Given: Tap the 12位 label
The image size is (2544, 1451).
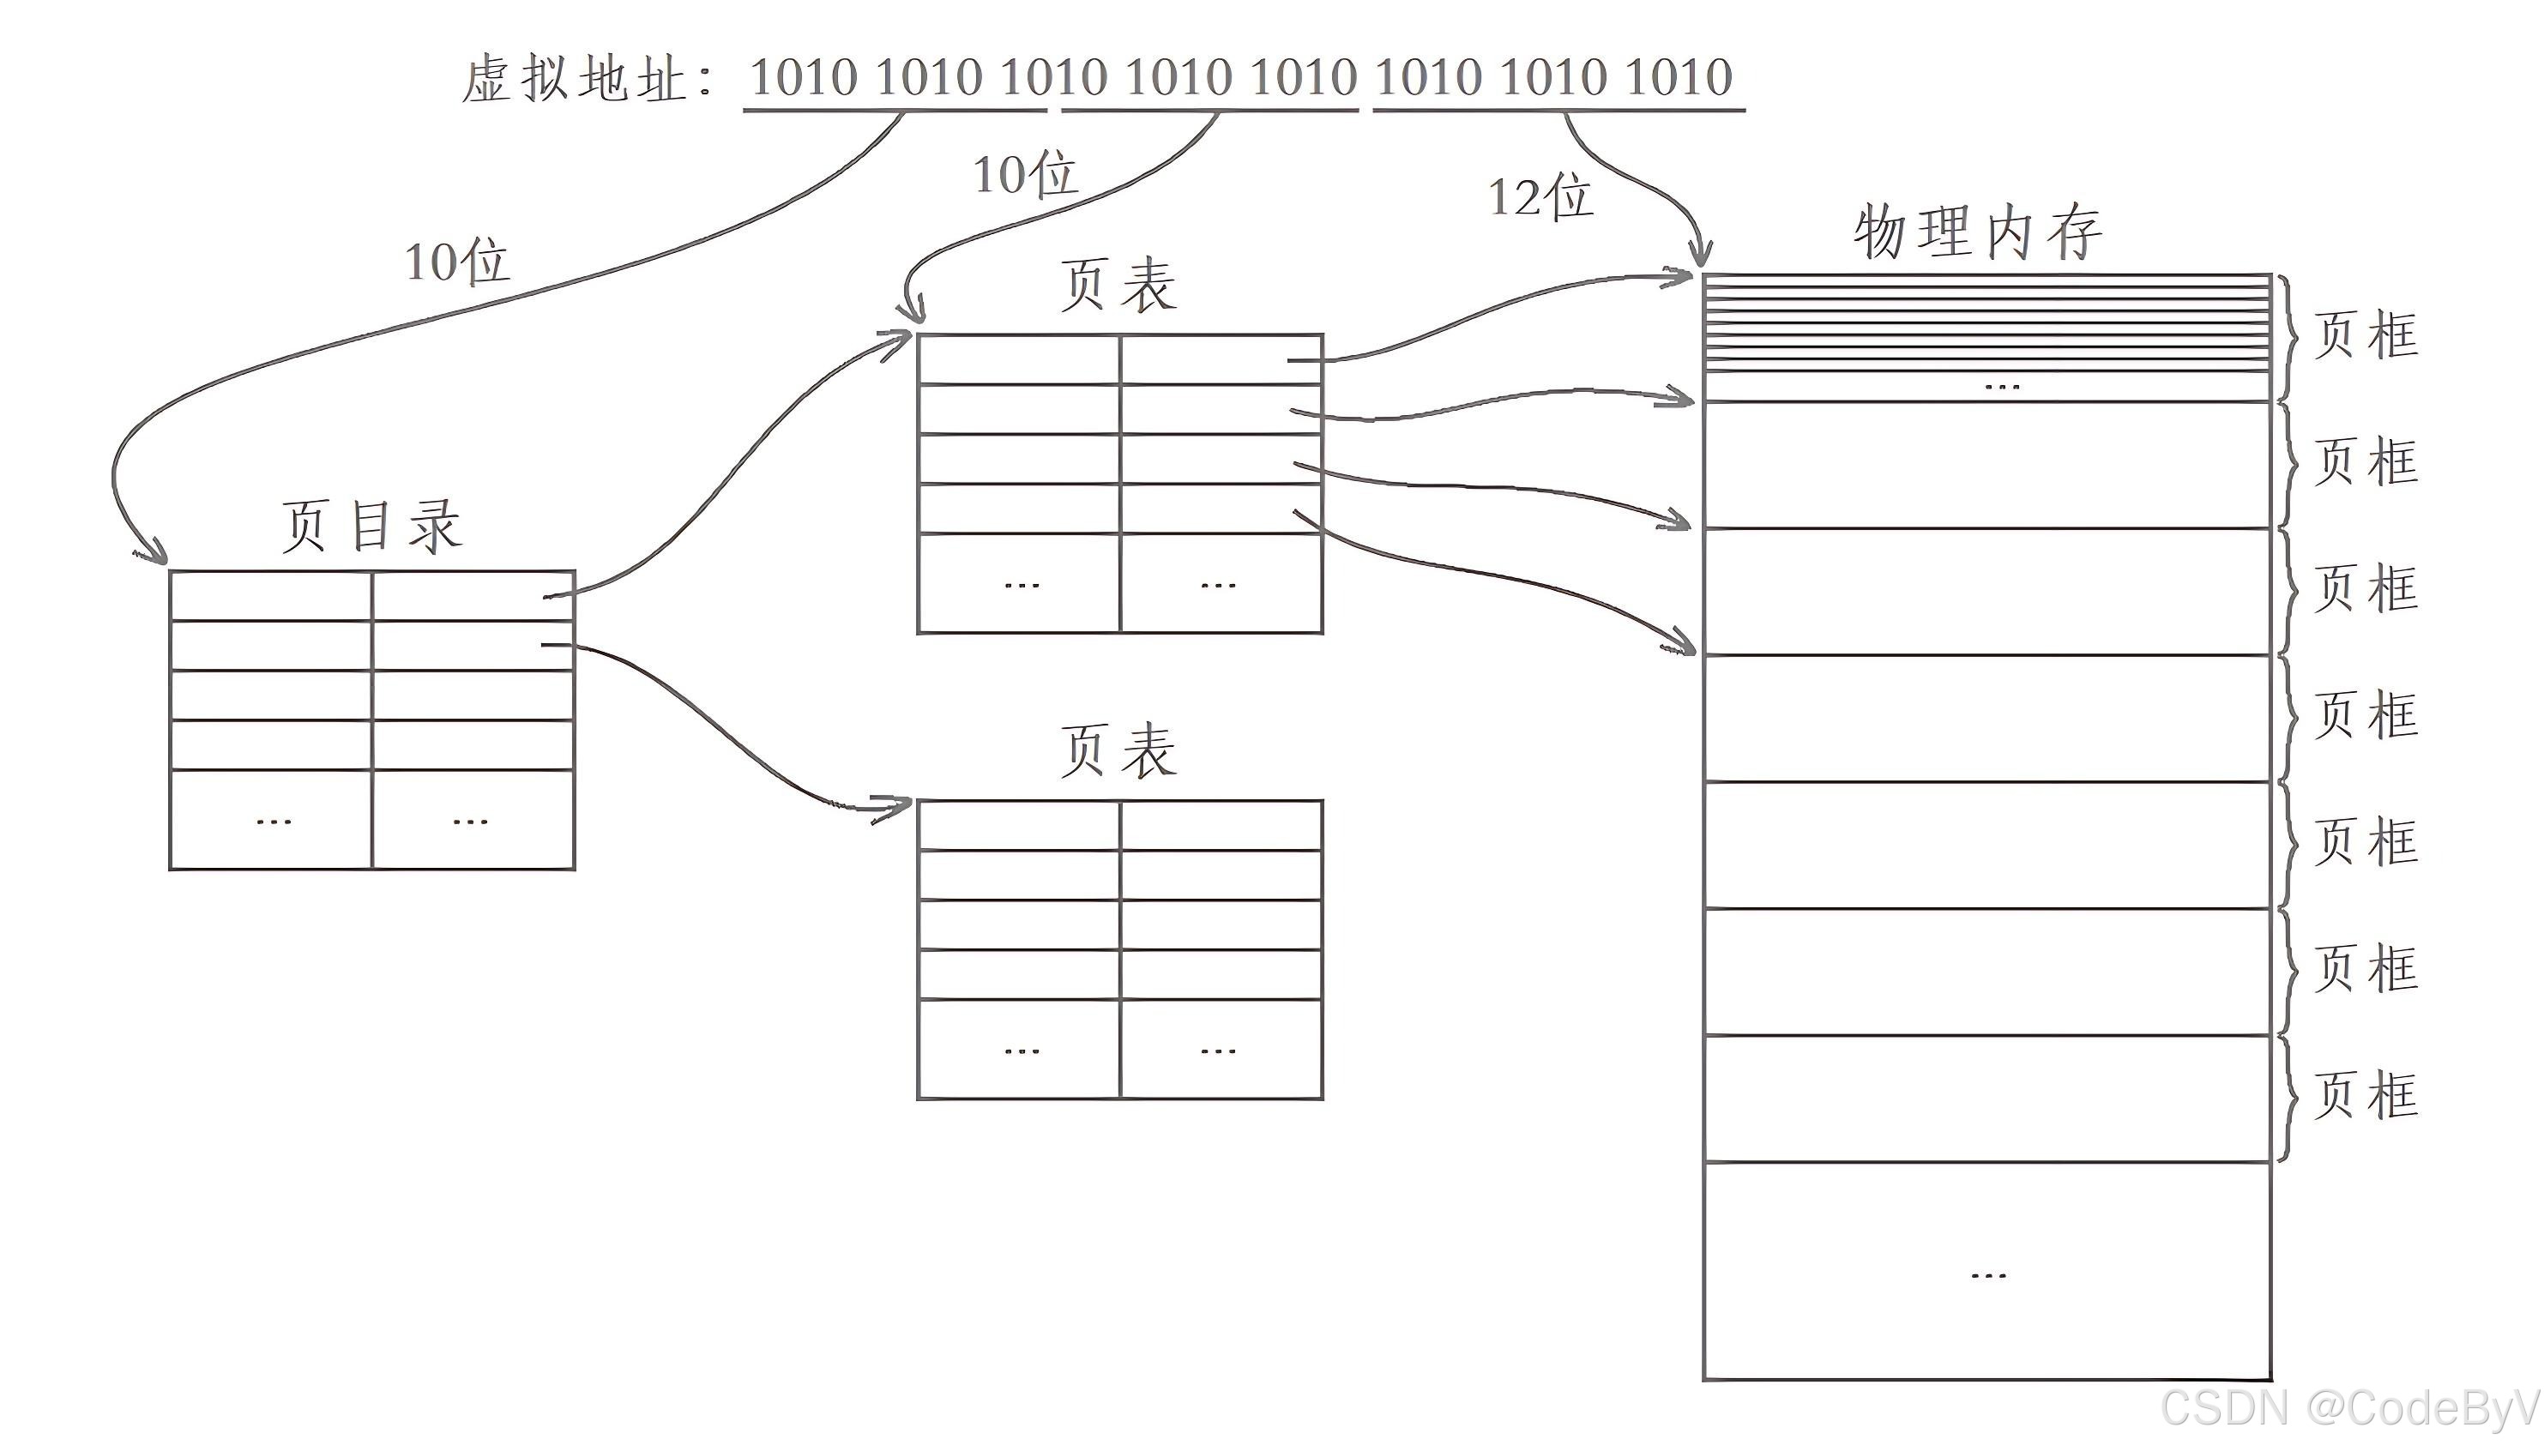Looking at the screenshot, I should [x=1540, y=196].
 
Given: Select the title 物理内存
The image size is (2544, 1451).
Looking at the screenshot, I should [x=1977, y=232].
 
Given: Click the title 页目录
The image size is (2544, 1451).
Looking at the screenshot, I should [x=371, y=525].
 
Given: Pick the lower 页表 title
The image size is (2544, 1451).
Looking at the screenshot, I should [x=1118, y=750].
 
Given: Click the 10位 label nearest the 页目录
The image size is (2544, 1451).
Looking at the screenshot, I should [x=457, y=262].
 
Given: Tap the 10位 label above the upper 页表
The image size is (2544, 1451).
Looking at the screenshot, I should [x=1024, y=174].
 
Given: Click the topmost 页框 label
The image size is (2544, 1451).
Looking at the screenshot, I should [x=2366, y=334].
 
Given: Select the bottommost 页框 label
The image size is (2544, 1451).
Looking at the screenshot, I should [x=2366, y=1095].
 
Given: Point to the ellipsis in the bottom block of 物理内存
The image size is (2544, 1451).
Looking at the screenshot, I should [x=1988, y=1274].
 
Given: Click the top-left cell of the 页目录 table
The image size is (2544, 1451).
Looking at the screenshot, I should [x=271, y=596].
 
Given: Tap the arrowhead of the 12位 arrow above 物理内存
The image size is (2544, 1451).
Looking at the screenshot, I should [x=1702, y=255].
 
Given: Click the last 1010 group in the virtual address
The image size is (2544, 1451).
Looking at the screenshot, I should [x=1679, y=78].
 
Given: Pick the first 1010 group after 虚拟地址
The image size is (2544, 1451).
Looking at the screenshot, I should [x=803, y=78].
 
